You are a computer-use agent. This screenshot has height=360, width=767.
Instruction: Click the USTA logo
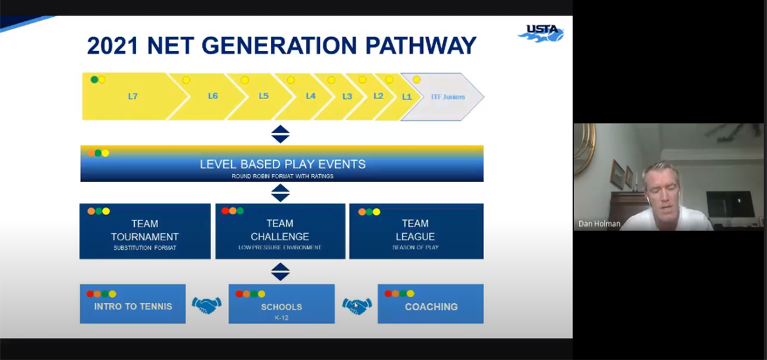(x=541, y=33)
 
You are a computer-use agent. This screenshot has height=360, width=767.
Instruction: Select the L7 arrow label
(x=133, y=96)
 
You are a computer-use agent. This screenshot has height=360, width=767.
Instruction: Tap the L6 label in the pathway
(x=213, y=96)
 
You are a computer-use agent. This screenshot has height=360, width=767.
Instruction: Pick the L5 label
(x=264, y=96)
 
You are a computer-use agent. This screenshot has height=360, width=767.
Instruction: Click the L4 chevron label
(x=311, y=96)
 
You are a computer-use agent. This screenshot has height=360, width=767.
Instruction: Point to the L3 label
(x=347, y=96)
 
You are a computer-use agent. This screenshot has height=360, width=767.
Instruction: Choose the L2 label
(x=378, y=96)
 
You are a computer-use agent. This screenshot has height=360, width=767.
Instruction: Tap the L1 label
(x=407, y=96)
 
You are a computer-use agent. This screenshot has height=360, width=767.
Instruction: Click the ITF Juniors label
(x=448, y=97)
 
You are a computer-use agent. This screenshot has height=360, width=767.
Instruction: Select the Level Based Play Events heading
(x=282, y=164)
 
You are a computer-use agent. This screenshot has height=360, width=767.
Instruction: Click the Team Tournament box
(x=144, y=231)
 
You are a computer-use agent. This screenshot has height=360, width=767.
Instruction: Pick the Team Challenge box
(x=280, y=231)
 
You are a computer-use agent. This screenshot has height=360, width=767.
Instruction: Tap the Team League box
(x=416, y=231)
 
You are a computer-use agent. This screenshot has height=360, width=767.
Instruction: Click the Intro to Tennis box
(x=133, y=306)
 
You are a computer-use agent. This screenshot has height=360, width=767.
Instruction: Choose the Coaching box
(x=431, y=306)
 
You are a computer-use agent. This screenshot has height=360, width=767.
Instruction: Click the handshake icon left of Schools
(x=207, y=305)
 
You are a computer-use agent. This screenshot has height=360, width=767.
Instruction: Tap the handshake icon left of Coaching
(x=356, y=305)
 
